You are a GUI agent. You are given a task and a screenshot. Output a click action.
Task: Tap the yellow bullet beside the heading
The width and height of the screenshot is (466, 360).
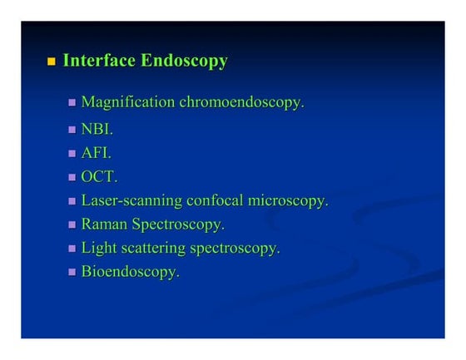click(51, 62)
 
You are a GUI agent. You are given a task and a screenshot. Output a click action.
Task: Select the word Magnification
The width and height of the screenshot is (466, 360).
click(127, 103)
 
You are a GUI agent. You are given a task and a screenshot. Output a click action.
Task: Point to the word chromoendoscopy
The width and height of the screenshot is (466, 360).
click(242, 103)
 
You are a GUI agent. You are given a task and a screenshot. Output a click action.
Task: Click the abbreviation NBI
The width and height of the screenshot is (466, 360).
click(97, 130)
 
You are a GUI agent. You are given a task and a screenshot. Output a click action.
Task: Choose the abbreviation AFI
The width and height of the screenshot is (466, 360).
click(96, 153)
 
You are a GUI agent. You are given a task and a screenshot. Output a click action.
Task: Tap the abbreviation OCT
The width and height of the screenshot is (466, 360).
click(99, 177)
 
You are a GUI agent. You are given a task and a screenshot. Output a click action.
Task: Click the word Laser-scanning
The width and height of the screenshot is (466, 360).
click(126, 200)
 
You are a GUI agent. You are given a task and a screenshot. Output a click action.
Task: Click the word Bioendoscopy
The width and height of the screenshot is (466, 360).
click(130, 273)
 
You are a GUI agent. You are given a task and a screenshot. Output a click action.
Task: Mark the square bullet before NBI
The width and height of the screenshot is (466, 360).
click(72, 130)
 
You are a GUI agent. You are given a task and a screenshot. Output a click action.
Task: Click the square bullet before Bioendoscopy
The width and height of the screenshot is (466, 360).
click(72, 273)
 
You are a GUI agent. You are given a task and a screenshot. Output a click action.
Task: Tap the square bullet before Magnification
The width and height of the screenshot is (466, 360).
click(72, 103)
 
